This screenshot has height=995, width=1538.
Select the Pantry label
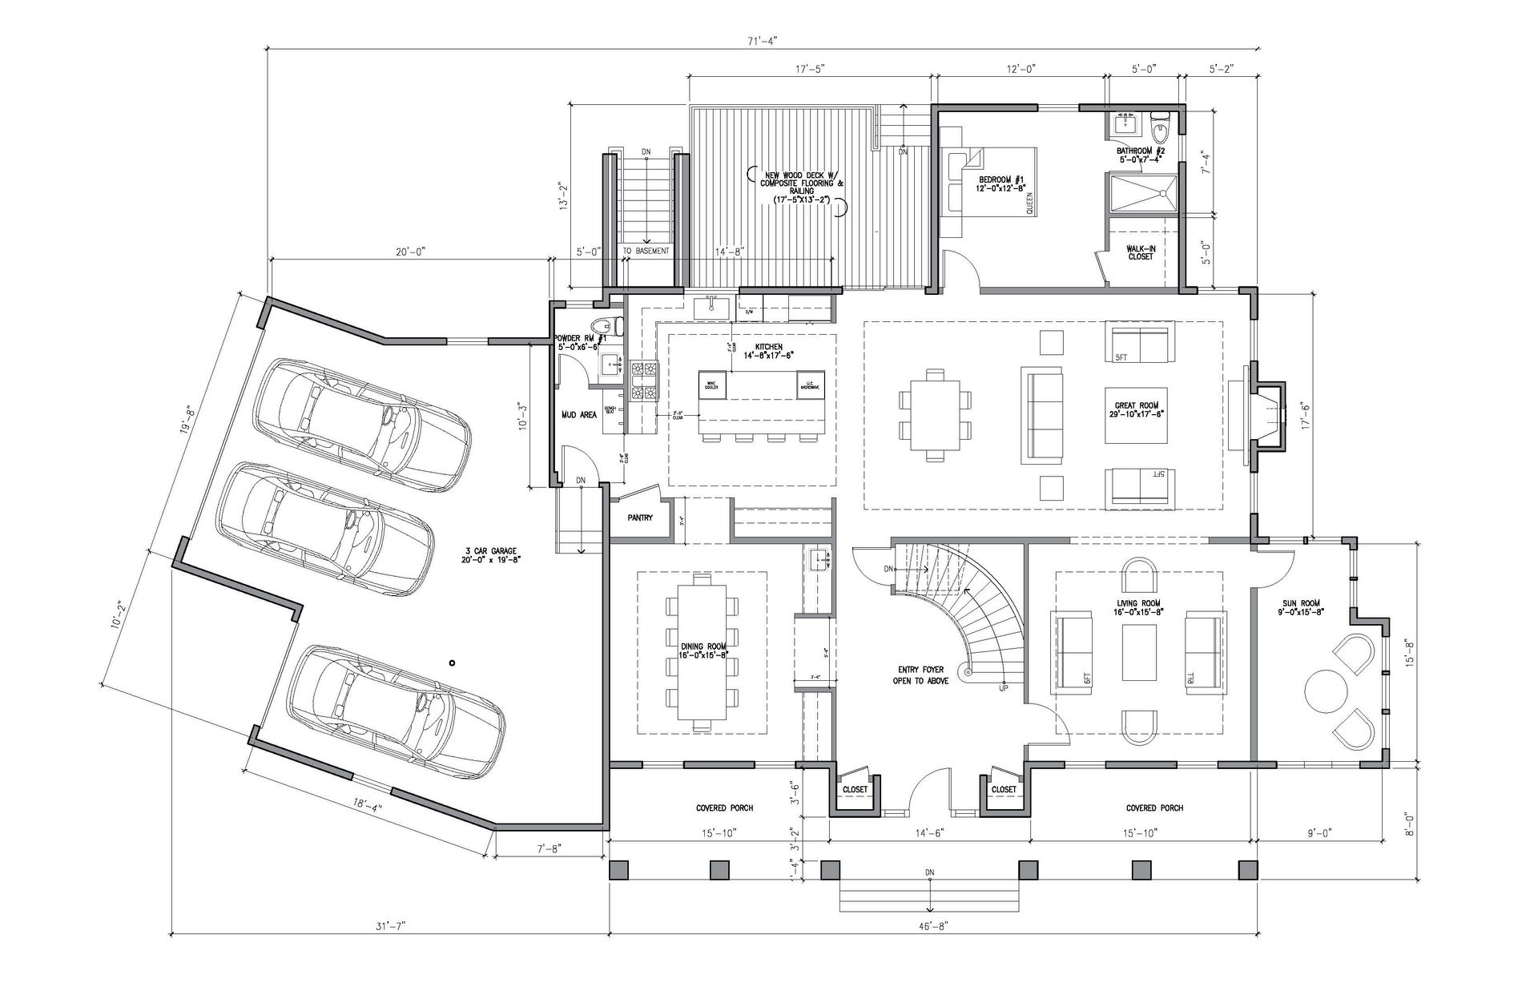point(640,518)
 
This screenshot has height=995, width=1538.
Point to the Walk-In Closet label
point(1140,252)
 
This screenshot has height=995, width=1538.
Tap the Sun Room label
point(1299,607)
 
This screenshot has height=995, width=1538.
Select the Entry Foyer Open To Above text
point(920,675)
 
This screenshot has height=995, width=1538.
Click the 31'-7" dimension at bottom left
point(390,926)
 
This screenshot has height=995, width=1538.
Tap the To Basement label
point(646,251)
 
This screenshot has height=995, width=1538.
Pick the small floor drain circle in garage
point(453,663)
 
